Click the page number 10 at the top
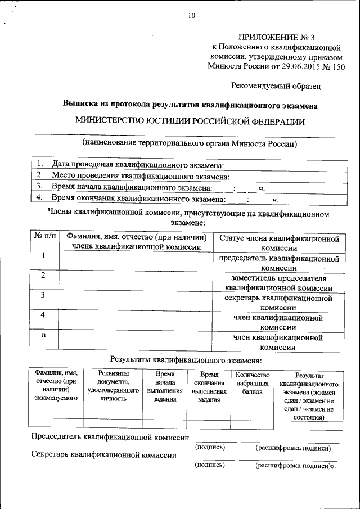click(x=191, y=15)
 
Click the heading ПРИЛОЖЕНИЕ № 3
click(x=276, y=38)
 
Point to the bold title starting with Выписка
click(x=190, y=105)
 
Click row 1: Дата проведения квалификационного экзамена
click(x=138, y=165)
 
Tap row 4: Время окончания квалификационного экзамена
click(x=138, y=198)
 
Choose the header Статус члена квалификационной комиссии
click(x=278, y=244)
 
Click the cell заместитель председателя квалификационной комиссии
click(x=278, y=283)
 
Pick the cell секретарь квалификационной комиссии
click(x=278, y=303)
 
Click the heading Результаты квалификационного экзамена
click(x=186, y=359)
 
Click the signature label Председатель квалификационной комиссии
click(x=110, y=436)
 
